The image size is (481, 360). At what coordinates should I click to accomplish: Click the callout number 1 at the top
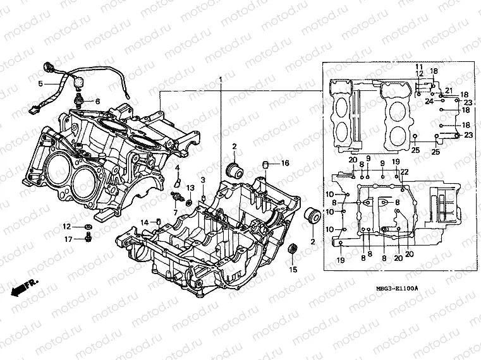click(x=221, y=80)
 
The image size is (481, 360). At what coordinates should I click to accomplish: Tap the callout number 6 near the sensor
click(x=98, y=101)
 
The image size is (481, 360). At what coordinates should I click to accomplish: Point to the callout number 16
click(x=285, y=163)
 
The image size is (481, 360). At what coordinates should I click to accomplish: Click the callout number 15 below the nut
click(x=293, y=270)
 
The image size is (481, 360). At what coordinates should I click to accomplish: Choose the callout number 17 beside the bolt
click(x=68, y=239)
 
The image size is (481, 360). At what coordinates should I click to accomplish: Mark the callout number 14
click(x=143, y=222)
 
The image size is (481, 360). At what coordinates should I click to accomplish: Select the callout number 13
click(x=190, y=189)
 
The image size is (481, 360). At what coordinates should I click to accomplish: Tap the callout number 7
click(x=175, y=212)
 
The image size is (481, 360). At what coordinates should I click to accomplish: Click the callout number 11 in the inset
click(x=418, y=67)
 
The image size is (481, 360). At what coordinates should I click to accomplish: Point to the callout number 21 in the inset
click(x=449, y=90)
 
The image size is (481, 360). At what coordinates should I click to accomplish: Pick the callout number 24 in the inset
click(x=429, y=101)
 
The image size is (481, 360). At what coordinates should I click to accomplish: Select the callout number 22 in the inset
click(x=404, y=172)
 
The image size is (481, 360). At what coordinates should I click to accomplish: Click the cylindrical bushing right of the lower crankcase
click(x=312, y=215)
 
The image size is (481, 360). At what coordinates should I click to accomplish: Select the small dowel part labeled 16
click(x=266, y=165)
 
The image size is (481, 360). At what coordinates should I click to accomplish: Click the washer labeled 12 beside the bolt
click(x=88, y=226)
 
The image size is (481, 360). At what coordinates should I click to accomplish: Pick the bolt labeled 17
click(x=88, y=237)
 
